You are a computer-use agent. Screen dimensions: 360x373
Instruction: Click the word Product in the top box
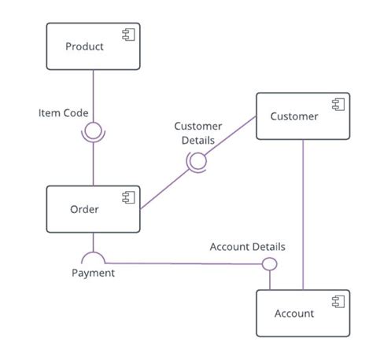pos(84,46)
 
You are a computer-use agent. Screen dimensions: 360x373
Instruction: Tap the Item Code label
pos(63,113)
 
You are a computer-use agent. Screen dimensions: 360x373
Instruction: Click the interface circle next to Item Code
pos(94,130)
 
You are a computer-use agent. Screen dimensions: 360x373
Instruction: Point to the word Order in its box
pos(84,209)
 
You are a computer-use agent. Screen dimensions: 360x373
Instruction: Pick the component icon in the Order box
pos(128,198)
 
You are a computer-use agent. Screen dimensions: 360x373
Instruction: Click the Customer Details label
pos(198,132)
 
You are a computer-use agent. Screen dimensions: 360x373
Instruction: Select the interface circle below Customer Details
pos(197,161)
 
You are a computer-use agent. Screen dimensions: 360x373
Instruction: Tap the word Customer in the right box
pos(294,116)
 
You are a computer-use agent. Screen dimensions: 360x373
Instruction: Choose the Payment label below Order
pos(93,273)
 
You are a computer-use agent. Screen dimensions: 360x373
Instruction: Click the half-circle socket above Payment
pos(94,256)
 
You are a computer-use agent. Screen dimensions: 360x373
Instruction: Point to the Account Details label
pos(247,247)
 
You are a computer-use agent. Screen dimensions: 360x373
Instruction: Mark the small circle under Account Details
pos(269,263)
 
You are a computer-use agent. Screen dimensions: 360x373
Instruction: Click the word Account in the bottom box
pos(294,314)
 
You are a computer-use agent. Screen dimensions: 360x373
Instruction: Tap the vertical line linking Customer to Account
pos(303,212)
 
